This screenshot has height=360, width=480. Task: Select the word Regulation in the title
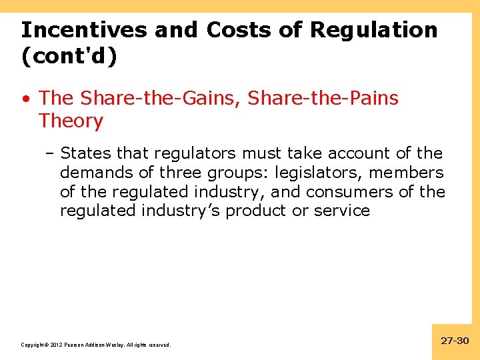[374, 30]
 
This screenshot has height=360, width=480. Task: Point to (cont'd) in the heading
[69, 57]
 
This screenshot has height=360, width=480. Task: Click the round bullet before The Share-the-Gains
[25, 99]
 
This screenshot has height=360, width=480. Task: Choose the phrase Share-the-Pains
[323, 99]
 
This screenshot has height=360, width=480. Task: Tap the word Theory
[71, 121]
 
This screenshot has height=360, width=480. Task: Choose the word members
[406, 173]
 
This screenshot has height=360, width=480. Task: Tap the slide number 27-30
[455, 341]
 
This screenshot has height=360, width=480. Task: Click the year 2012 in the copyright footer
[55, 345]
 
